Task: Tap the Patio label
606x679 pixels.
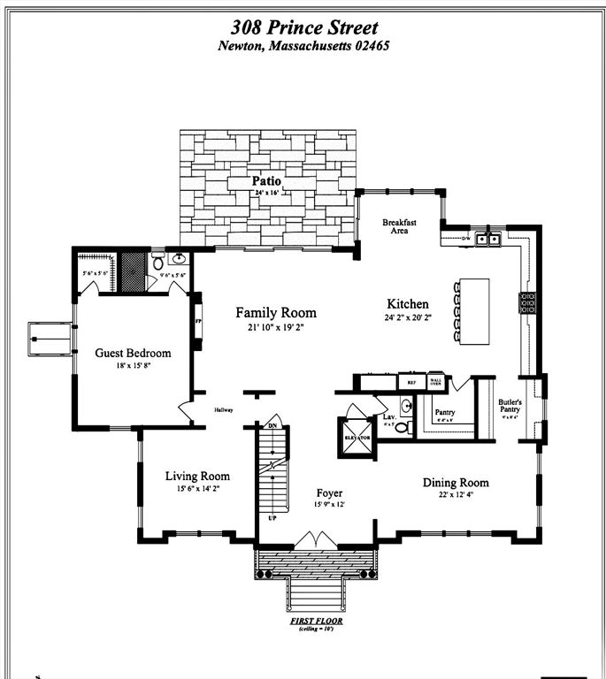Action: click(x=266, y=181)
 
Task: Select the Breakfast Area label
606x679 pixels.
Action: click(x=400, y=226)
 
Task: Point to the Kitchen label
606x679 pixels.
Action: click(x=407, y=303)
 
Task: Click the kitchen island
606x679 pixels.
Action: click(x=472, y=311)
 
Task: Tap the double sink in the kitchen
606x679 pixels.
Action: click(x=487, y=238)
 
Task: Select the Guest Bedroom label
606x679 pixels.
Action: click(x=133, y=353)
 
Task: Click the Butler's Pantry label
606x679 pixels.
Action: click(x=510, y=407)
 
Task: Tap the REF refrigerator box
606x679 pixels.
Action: click(x=410, y=383)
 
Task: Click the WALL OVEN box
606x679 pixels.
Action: click(x=435, y=382)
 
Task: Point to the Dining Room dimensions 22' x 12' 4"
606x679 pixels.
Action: click(x=455, y=496)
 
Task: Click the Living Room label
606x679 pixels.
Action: click(x=197, y=476)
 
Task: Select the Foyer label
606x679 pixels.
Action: click(x=329, y=492)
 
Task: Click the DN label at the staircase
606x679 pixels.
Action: click(x=272, y=426)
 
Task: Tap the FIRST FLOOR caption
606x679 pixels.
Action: click(x=316, y=621)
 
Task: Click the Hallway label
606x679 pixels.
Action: click(x=222, y=409)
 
